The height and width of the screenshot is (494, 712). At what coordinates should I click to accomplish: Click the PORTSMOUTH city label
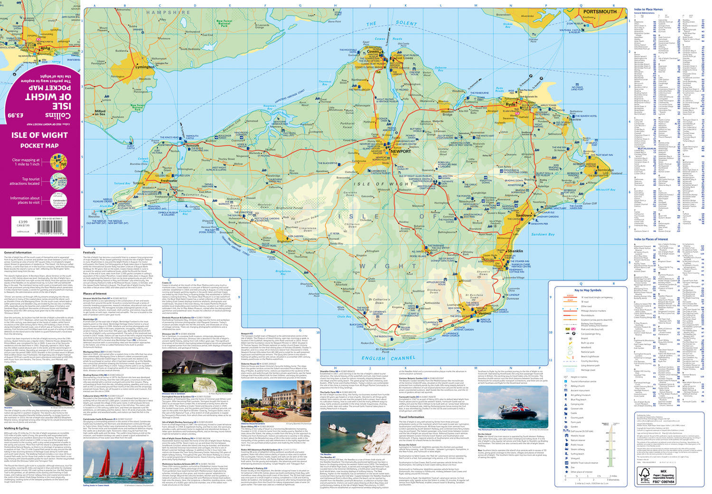tap(600, 11)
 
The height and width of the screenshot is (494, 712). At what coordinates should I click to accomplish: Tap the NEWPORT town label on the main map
tap(400, 151)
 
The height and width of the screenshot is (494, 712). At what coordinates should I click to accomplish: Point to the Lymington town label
tap(145, 67)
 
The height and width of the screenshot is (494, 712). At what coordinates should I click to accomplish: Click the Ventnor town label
tap(484, 313)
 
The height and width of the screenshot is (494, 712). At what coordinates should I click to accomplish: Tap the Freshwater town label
tap(169, 180)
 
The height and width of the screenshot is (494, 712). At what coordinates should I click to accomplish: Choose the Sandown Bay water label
tap(543, 234)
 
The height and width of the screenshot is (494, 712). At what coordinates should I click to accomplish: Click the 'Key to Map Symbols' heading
tap(588, 290)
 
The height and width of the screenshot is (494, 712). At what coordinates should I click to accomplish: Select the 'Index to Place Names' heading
tap(648, 9)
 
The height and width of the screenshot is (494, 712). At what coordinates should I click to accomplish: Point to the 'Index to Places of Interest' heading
tap(651, 239)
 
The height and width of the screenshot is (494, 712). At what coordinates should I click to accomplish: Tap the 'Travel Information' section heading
tap(412, 417)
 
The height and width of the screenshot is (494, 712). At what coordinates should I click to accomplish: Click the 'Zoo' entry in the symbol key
tap(572, 467)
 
